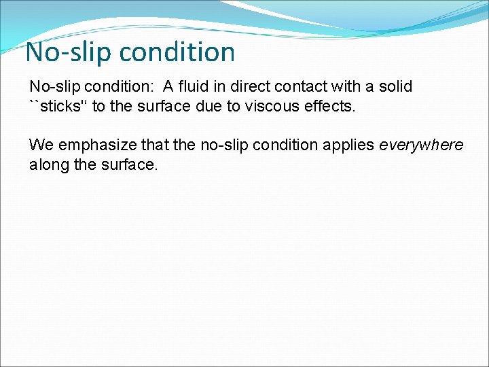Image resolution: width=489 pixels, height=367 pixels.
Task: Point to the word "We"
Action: tap(39, 145)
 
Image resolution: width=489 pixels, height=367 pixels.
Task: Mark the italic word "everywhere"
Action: tap(421, 145)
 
